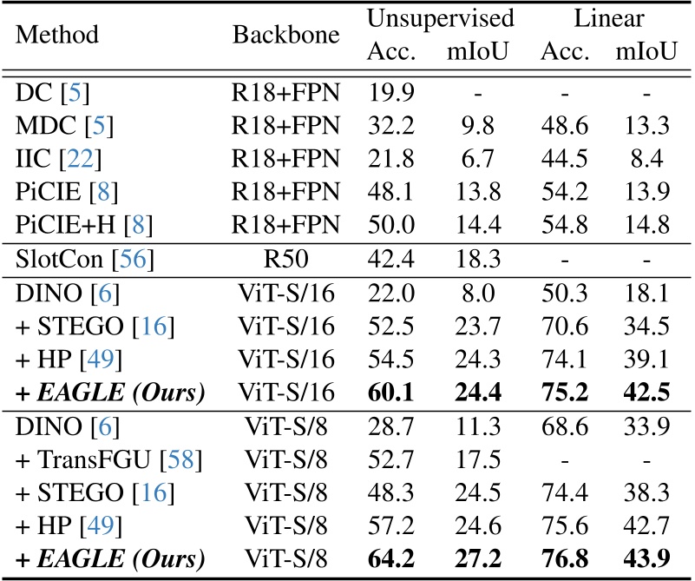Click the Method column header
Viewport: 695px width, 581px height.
coord(58,36)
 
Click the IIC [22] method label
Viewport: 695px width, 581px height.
coord(50,160)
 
